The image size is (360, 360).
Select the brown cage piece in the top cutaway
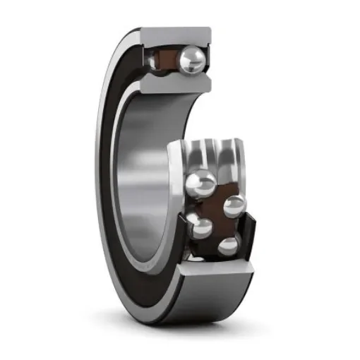tap(167, 61)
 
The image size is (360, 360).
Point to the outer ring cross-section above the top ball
tap(176, 36)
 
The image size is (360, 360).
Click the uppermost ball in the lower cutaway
tap(201, 186)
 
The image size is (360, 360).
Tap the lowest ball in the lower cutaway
tap(228, 246)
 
